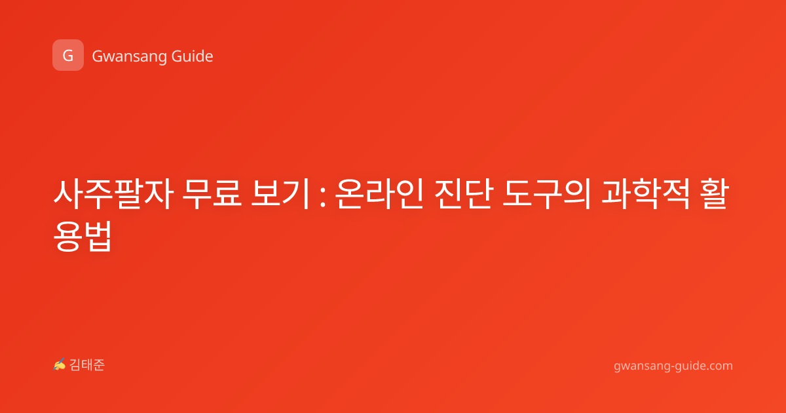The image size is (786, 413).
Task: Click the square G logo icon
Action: [x=68, y=55]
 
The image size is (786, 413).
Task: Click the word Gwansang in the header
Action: [x=129, y=56]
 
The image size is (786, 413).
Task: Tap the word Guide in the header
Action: [x=192, y=56]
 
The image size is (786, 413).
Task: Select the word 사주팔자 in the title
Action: [x=113, y=194]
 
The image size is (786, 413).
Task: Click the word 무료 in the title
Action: [x=212, y=193]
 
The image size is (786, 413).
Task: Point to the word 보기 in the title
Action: [x=280, y=193]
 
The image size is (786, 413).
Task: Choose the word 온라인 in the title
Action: [x=379, y=194]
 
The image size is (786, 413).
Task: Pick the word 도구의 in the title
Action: [x=547, y=194]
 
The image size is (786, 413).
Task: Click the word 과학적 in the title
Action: [x=646, y=194]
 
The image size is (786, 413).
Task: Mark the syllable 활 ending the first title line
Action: [x=715, y=194]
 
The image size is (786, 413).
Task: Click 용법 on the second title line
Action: [x=83, y=236]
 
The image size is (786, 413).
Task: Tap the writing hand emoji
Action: [x=59, y=364]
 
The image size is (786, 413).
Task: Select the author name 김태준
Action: [x=87, y=365]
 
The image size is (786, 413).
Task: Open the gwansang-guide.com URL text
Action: [x=673, y=366]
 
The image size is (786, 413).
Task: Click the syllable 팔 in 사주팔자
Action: [x=128, y=194]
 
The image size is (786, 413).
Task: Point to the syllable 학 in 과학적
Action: [x=646, y=194]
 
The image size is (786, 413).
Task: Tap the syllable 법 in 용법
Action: [x=98, y=236]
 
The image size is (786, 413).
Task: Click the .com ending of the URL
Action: [x=719, y=366]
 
